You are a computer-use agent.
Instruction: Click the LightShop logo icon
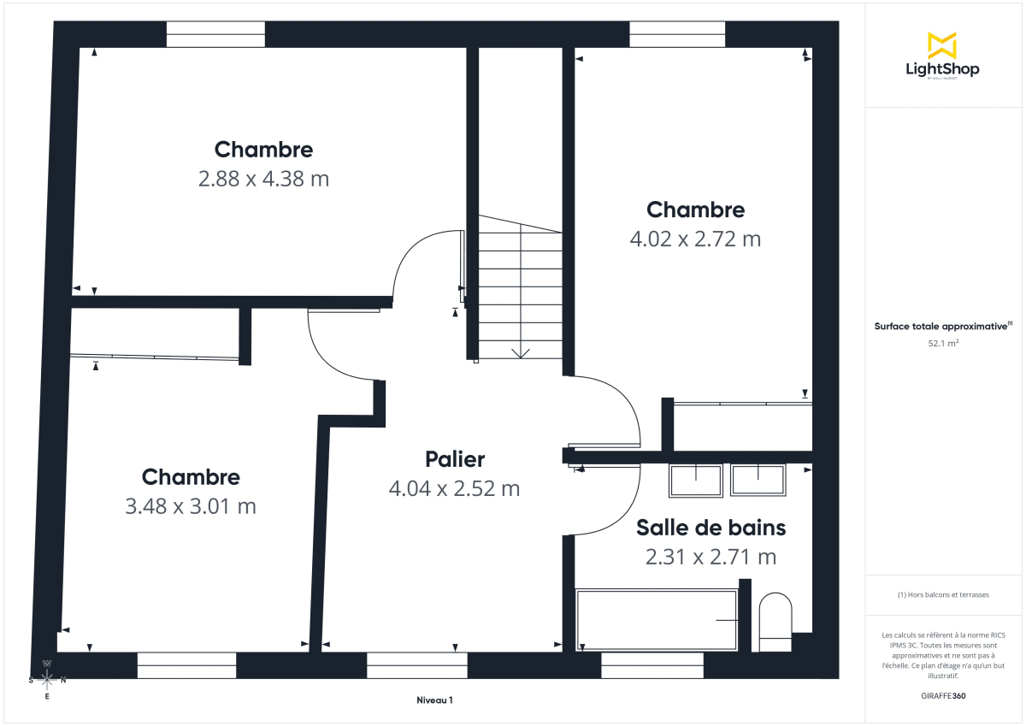[x=942, y=45]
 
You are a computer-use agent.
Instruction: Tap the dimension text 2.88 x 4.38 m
[x=263, y=179]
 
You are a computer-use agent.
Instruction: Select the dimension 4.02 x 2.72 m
[x=695, y=239]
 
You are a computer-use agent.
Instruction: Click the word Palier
[x=455, y=459]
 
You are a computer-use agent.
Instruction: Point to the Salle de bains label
[x=711, y=528]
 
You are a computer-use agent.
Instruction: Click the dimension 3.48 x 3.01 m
[x=191, y=506]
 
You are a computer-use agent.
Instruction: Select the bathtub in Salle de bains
[x=657, y=619]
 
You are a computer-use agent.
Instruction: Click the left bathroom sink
[x=695, y=480]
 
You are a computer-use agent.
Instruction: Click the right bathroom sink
[x=758, y=480]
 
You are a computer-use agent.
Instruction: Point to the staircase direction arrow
[x=520, y=352]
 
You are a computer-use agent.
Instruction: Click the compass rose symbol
[x=47, y=680]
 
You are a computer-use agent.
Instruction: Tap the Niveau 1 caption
[x=434, y=699]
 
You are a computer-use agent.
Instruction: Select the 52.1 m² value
[x=942, y=343]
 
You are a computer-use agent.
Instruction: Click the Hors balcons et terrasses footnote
[x=942, y=594]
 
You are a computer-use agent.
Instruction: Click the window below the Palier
[x=417, y=665]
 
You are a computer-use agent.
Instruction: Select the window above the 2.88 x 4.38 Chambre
[x=215, y=34]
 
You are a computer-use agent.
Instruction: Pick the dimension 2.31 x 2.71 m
[x=711, y=558]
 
